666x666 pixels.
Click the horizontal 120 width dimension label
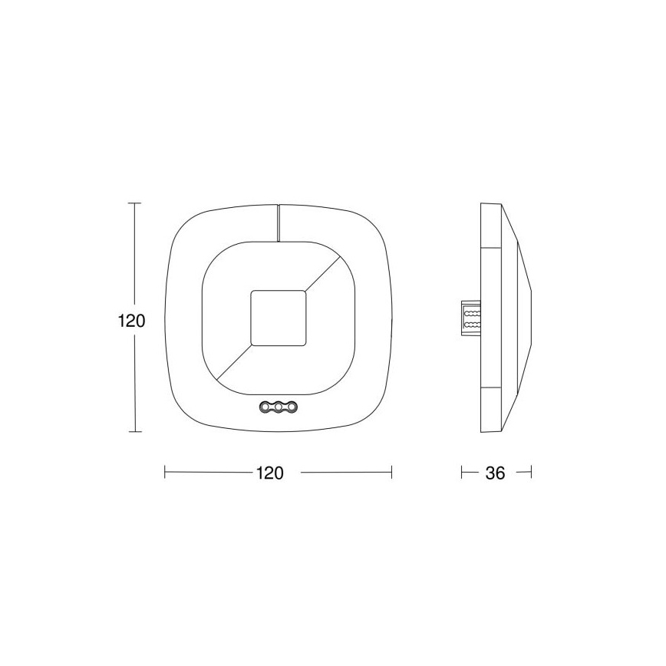point(269,473)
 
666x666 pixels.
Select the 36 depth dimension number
point(496,473)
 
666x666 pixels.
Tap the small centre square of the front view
point(279,318)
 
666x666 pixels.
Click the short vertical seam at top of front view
point(279,223)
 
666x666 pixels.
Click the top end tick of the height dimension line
point(135,203)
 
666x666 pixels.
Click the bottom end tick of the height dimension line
point(135,432)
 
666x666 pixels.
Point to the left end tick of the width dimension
point(165,473)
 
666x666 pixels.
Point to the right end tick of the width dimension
point(392,473)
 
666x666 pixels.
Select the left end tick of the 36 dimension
point(462,473)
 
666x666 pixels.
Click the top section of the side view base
point(491,226)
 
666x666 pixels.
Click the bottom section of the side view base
point(491,410)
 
